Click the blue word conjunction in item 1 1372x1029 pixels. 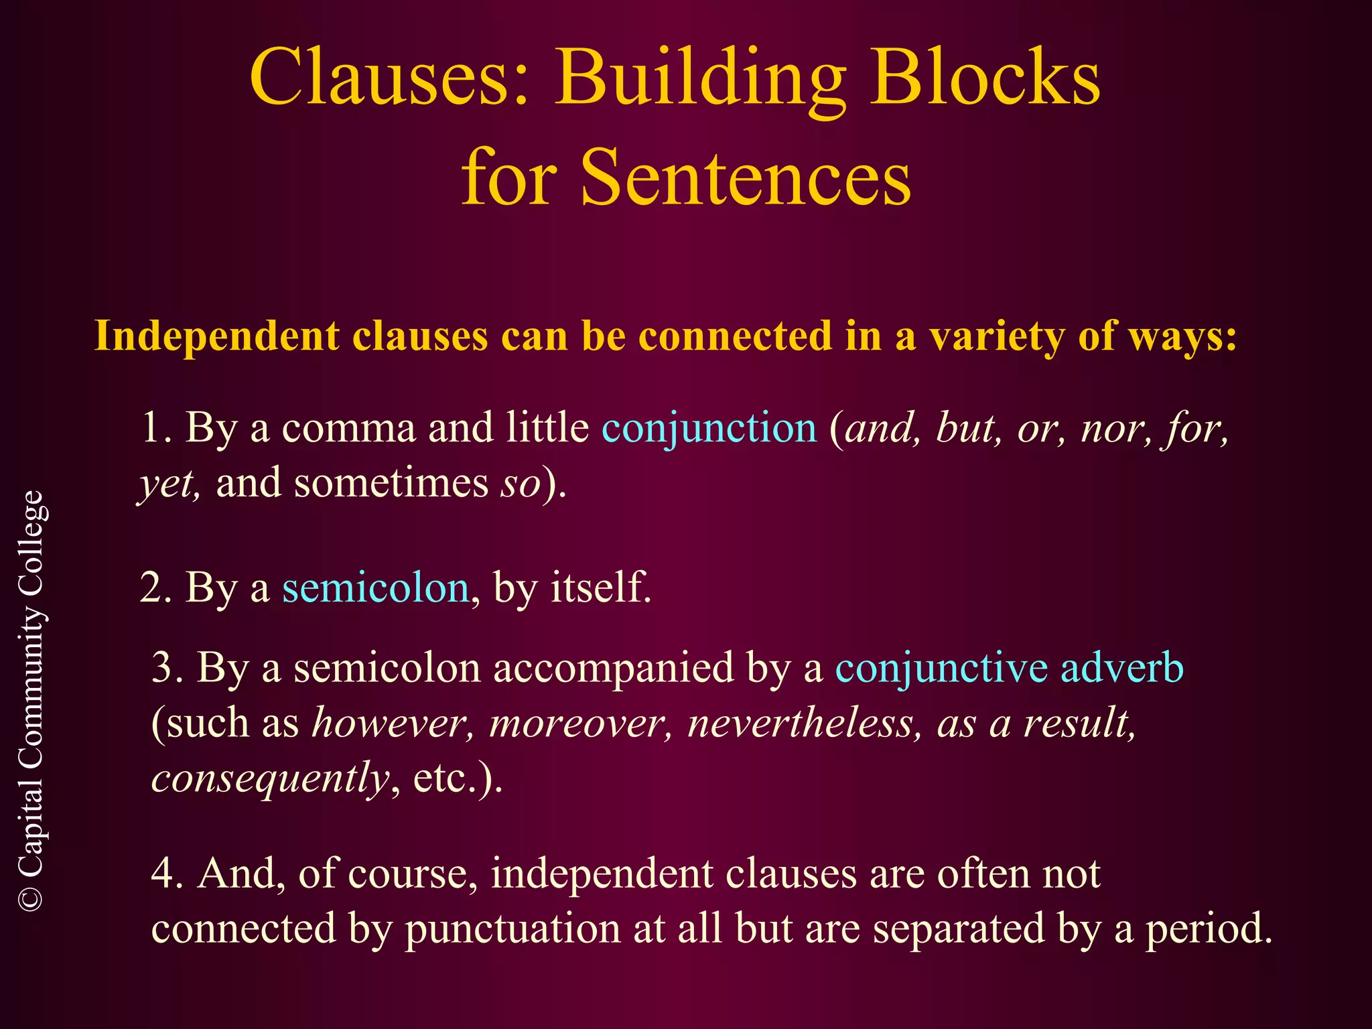[x=709, y=429]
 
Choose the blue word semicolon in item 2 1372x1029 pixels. [x=375, y=588]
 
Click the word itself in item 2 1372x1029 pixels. [x=600, y=588]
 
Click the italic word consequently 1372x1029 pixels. [x=271, y=778]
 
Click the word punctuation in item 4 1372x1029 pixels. [x=512, y=930]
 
